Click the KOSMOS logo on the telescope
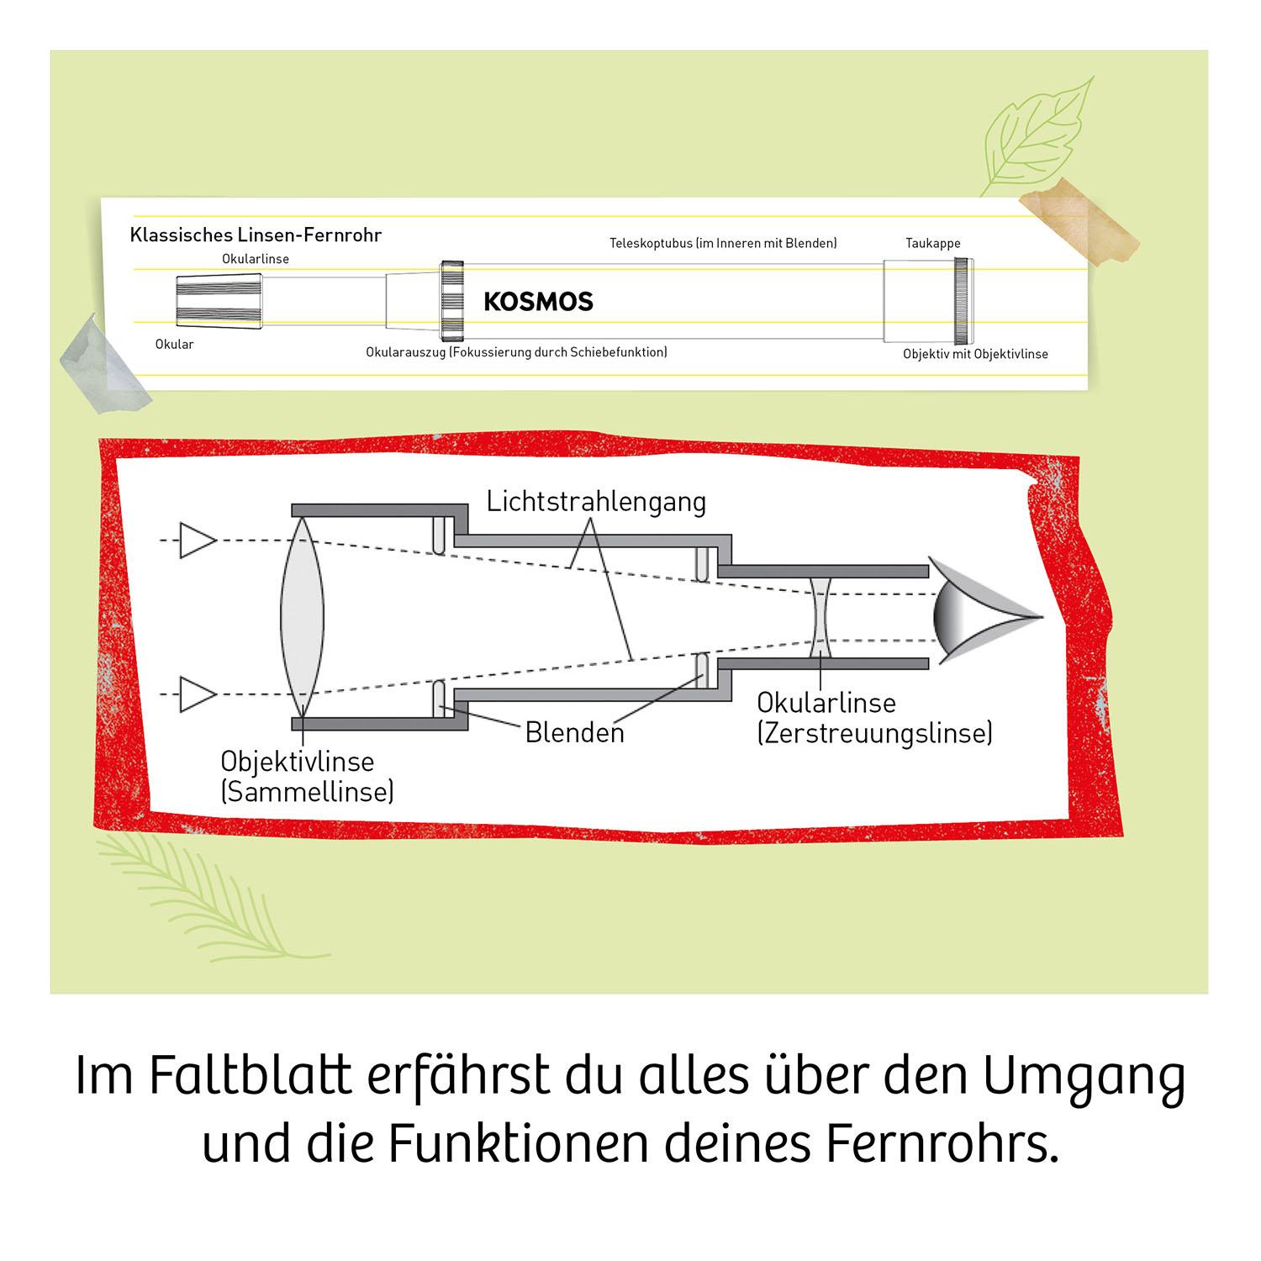pyautogui.click(x=538, y=301)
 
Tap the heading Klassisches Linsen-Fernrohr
pyautogui.click(x=256, y=235)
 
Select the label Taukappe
pyautogui.click(x=932, y=243)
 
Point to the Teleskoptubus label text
pyautogui.click(x=723, y=243)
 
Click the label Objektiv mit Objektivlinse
pyautogui.click(x=975, y=354)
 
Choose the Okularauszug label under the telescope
pyautogui.click(x=516, y=351)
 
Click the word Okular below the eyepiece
pyautogui.click(x=174, y=344)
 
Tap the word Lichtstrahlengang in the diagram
pyautogui.click(x=596, y=502)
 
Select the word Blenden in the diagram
pyautogui.click(x=575, y=732)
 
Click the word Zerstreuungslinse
pyautogui.click(x=875, y=733)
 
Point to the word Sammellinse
pyautogui.click(x=307, y=791)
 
